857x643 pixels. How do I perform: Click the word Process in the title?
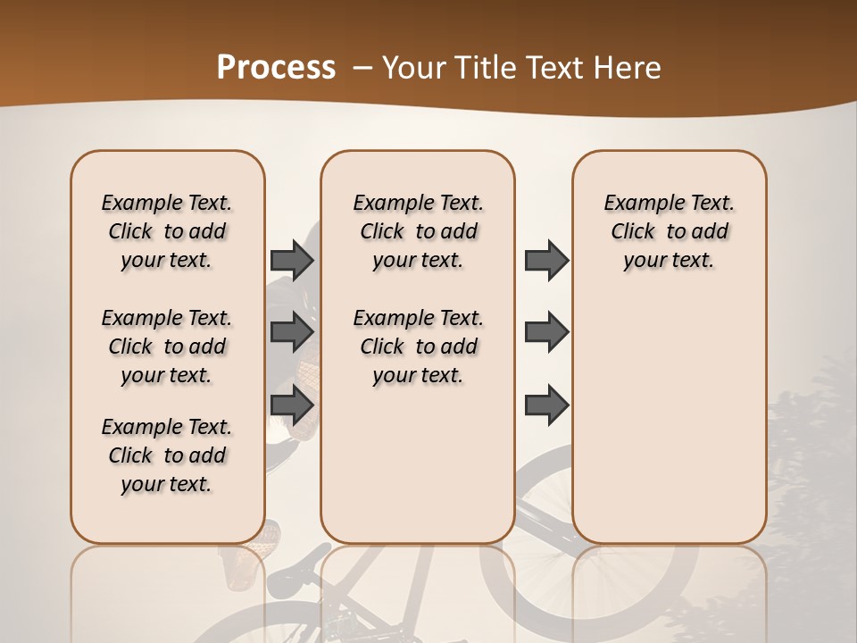tap(276, 68)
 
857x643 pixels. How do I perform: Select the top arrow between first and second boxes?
tap(292, 260)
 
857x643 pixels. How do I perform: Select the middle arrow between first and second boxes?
tap(292, 332)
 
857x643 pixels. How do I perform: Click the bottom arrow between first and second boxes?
tap(292, 405)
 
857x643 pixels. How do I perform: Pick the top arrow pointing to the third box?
tap(546, 260)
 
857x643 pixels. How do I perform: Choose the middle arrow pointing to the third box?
tap(546, 332)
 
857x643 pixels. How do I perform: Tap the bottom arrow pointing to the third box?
tap(546, 405)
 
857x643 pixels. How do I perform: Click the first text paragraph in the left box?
tap(167, 231)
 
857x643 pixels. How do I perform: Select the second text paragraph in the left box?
tap(167, 347)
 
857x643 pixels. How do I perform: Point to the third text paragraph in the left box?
tap(167, 455)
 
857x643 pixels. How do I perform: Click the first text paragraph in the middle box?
tap(418, 231)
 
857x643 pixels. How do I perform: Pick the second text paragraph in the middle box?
tap(418, 347)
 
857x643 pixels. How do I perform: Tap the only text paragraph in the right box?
tap(669, 231)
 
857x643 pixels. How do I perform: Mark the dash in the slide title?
tap(362, 68)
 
